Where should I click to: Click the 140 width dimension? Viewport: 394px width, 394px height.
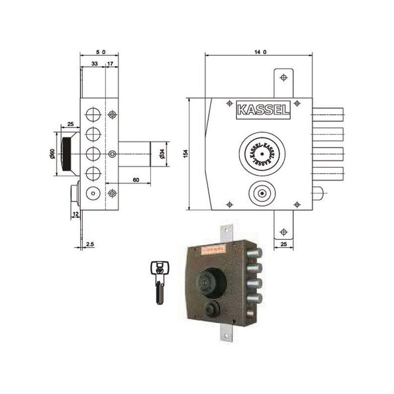click(x=259, y=51)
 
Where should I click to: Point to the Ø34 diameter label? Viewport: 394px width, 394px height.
click(x=162, y=153)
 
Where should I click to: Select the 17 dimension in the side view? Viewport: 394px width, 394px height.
click(x=110, y=65)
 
